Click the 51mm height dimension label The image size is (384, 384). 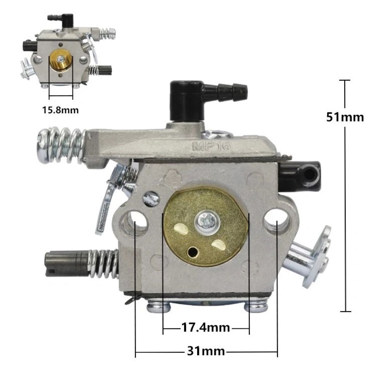pos(345,117)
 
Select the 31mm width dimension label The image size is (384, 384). pos(206,351)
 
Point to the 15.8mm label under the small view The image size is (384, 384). pos(60,110)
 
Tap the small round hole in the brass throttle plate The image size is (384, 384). pos(193,252)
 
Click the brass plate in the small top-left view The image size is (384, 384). pos(61,63)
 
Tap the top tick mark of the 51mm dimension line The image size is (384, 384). pos(345,80)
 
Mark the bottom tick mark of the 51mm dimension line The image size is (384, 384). pos(345,311)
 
